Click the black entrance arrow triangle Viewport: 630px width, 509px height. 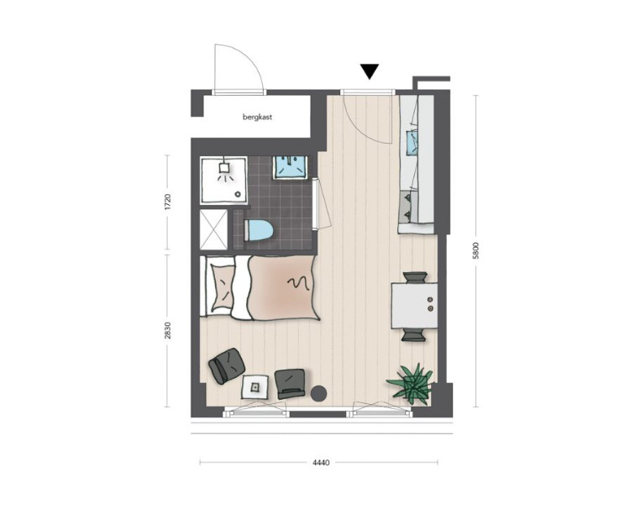(370, 71)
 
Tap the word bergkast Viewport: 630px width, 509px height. (258, 118)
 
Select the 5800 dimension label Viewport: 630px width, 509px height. (476, 250)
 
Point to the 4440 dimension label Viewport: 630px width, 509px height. (321, 463)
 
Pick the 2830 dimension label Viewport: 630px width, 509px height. (168, 330)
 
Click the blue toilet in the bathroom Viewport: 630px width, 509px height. (259, 230)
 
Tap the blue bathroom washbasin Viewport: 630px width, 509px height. (290, 167)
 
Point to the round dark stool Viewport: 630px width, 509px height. (319, 393)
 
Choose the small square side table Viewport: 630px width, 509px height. (255, 386)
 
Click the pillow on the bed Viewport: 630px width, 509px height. (222, 287)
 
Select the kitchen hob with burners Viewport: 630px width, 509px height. (408, 207)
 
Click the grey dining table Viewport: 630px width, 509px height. (414, 306)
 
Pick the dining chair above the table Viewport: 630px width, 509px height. (415, 278)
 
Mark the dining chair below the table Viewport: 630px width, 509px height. (413, 334)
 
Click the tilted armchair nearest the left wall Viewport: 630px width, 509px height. (227, 365)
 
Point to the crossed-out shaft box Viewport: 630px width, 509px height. (213, 229)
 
